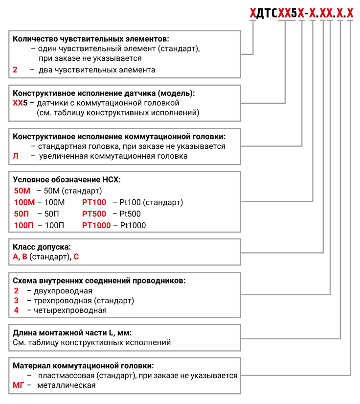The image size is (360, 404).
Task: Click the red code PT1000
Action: tap(96, 225)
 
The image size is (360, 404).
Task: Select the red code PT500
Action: tap(94, 214)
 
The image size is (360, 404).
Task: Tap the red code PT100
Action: tap(94, 202)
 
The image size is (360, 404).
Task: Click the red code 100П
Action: tap(24, 225)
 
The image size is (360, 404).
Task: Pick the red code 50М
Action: tap(22, 190)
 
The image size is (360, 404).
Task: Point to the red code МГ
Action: tap(19, 385)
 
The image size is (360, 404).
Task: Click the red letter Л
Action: tap(16, 156)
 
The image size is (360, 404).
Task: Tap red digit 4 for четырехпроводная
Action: tap(16, 310)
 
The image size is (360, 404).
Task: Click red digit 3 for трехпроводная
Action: tap(16, 300)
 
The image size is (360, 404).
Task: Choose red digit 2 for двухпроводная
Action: tap(16, 290)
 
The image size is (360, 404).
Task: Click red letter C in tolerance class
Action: tap(76, 256)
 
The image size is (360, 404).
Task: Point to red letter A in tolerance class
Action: tap(16, 256)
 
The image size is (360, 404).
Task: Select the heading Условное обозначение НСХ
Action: tap(67, 179)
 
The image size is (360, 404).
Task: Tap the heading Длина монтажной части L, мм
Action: tap(72, 333)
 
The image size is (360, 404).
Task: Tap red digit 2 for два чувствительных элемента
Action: tap(15, 70)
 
